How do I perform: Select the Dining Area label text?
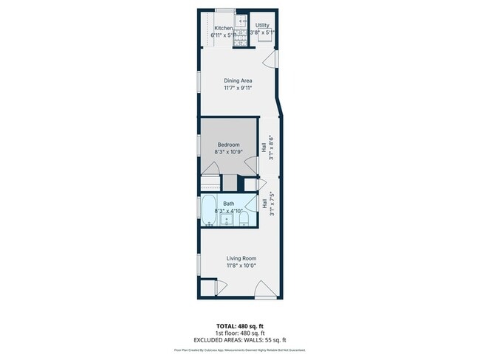239,80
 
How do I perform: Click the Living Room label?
241,258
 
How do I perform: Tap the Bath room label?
229,204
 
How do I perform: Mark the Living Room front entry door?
264,289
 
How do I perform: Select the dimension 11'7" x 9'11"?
239,88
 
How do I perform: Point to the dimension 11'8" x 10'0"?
241,266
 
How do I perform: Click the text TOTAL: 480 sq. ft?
239,325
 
